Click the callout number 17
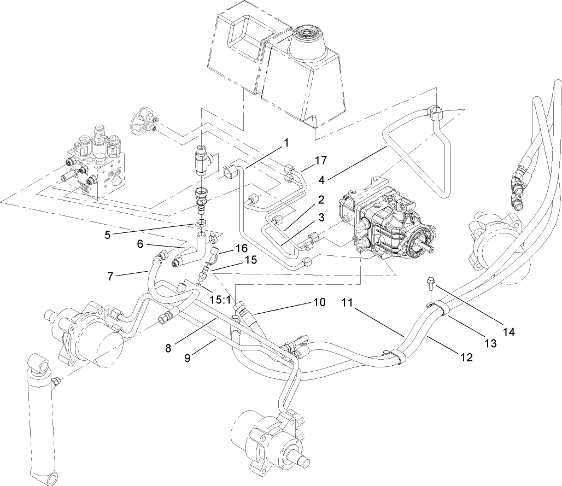click(320, 161)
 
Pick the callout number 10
click(319, 301)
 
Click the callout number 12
click(466, 358)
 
